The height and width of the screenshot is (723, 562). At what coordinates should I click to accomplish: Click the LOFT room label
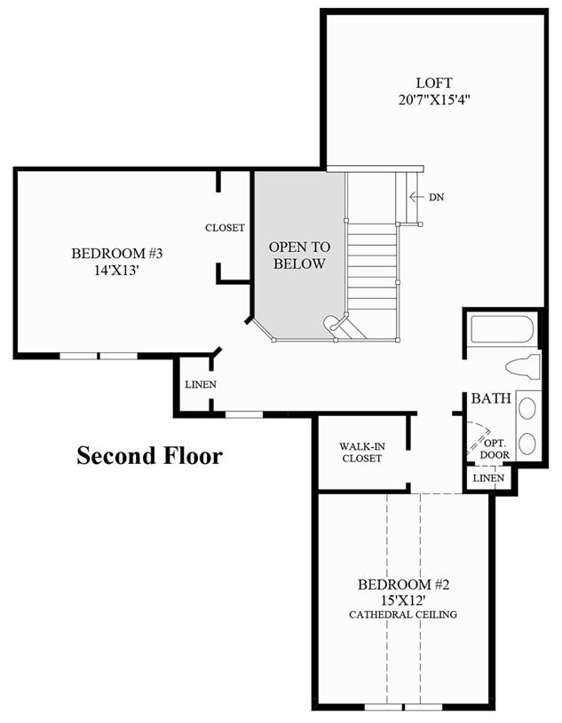tap(434, 83)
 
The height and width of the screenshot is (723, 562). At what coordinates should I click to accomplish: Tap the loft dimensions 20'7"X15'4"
tap(434, 99)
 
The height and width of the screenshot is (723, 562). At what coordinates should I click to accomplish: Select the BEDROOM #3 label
tap(117, 253)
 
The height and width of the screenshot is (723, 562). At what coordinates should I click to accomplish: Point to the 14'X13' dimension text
tap(116, 271)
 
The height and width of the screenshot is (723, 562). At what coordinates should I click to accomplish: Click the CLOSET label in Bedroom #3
tap(225, 228)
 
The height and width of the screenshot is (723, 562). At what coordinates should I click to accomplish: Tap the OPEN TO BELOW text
tap(299, 255)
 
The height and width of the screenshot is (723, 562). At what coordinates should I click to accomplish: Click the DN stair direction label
tap(437, 197)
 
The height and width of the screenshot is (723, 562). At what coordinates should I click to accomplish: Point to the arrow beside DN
tap(416, 197)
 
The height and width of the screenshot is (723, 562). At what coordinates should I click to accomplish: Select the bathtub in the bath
tap(502, 329)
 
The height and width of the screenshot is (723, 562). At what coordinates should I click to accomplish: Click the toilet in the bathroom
tap(523, 367)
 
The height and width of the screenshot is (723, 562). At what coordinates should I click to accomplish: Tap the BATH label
tap(491, 398)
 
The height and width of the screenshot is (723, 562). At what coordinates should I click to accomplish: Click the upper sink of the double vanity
tap(527, 409)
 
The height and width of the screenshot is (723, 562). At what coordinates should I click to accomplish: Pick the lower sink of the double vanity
tap(527, 444)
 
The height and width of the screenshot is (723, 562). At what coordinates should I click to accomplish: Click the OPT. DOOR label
tap(495, 449)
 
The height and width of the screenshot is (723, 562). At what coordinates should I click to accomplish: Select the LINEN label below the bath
tap(488, 478)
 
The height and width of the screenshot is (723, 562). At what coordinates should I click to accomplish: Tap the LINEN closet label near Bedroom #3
tap(201, 384)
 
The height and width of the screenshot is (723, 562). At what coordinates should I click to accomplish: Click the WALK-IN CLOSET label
tap(362, 452)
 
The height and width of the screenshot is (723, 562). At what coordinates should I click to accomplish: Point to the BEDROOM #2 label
tap(403, 585)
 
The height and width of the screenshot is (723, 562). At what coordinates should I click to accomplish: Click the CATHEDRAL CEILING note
tap(403, 615)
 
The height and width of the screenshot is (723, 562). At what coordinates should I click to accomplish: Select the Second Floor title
tap(149, 456)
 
